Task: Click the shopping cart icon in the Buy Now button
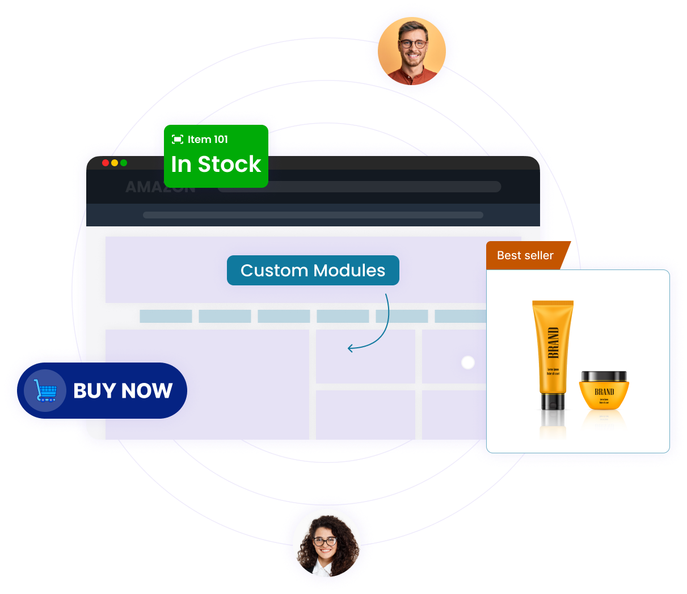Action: click(45, 390)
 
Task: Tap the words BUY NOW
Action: click(123, 391)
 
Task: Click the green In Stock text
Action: click(216, 165)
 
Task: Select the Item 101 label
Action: click(208, 140)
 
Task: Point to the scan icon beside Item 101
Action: click(178, 140)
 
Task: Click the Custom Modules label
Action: click(313, 271)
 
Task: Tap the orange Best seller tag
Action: click(525, 256)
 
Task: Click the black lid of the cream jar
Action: click(604, 377)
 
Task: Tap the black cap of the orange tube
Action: click(552, 402)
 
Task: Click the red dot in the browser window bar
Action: click(106, 163)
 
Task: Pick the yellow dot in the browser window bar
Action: click(115, 163)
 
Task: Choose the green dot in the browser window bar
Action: click(124, 163)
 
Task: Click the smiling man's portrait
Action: click(412, 52)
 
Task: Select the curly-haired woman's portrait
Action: click(326, 543)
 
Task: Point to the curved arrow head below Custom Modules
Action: click(350, 348)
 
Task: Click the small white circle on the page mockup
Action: click(468, 363)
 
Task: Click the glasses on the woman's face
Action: click(325, 542)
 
